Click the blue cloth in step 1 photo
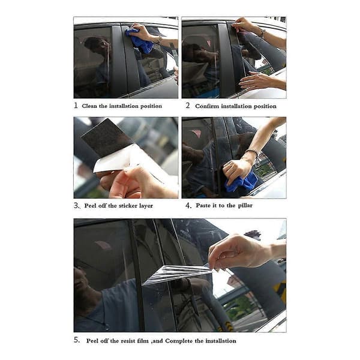[x=139, y=41]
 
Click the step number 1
[x=76, y=106]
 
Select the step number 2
[x=188, y=106]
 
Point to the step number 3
[x=77, y=205]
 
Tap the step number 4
[x=188, y=205]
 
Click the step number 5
[x=77, y=340]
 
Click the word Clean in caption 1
[x=89, y=106]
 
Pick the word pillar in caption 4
[x=245, y=205]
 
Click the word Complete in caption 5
[x=179, y=341]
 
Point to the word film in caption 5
[x=143, y=341]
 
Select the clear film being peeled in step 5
[x=178, y=274]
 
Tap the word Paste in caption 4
[x=203, y=205]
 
